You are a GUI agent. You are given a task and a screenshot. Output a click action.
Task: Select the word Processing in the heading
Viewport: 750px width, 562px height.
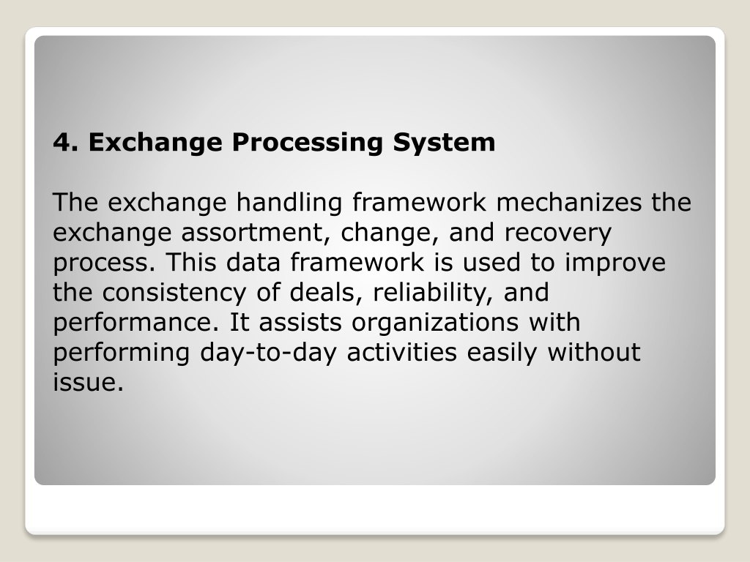tap(308, 143)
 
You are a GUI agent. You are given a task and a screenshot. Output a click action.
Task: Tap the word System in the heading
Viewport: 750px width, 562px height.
tap(444, 143)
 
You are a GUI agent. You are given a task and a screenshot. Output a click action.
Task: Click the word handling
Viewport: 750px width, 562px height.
tap(289, 203)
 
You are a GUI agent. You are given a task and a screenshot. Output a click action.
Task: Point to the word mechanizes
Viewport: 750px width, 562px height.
tap(568, 202)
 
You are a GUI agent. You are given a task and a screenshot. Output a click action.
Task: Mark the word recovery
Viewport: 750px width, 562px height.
tap(557, 233)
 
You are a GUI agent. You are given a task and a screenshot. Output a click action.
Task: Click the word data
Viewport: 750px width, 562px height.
tap(253, 262)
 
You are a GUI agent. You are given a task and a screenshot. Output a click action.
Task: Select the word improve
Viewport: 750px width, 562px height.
tap(615, 263)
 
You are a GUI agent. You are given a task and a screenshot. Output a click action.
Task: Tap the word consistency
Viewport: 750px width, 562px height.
tap(174, 293)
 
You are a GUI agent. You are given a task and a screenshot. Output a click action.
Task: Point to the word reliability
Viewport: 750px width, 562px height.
tap(432, 293)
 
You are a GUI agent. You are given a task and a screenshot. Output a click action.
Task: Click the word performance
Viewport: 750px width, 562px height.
tap(135, 323)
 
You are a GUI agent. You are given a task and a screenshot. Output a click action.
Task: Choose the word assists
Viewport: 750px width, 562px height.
tap(300, 322)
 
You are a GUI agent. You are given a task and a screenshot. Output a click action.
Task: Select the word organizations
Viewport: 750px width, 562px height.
tap(435, 323)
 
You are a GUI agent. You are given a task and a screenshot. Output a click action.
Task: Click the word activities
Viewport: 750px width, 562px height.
tap(402, 352)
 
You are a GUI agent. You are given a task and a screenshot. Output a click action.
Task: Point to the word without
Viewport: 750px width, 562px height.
tap(593, 352)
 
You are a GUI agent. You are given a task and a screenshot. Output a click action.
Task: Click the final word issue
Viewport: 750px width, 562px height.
tap(88, 382)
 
